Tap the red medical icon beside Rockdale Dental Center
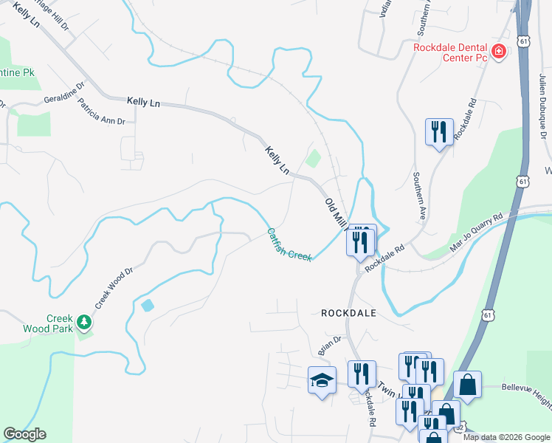tap(499, 52)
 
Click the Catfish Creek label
tap(289, 244)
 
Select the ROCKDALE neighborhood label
tap(349, 313)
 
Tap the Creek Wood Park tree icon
tap(85, 322)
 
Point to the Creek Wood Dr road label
tap(113, 289)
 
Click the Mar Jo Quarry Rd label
tap(477, 229)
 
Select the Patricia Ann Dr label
tap(102, 111)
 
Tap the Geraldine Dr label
tap(64, 98)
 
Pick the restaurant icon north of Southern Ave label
tap(439, 131)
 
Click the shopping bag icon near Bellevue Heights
tap(466, 384)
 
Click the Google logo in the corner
tap(24, 434)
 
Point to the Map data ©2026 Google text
tap(506, 436)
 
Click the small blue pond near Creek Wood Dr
tap(147, 305)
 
